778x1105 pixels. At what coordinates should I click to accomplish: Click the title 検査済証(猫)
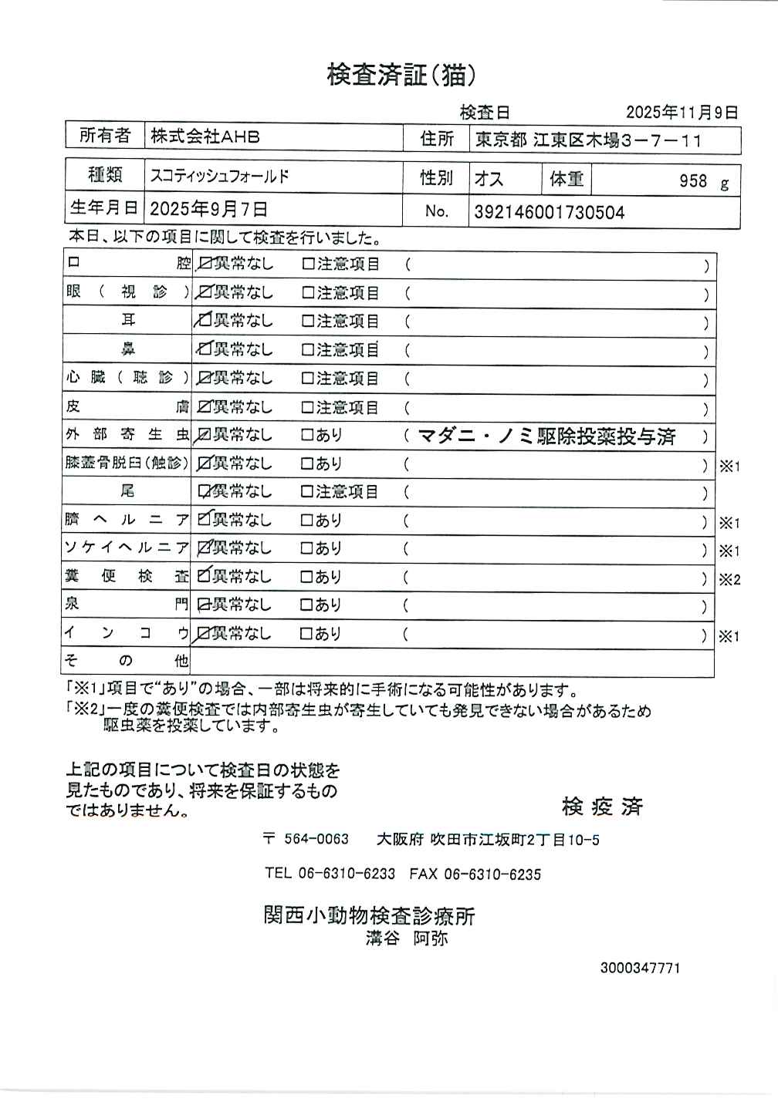(x=401, y=75)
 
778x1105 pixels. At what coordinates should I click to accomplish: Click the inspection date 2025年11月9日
(x=682, y=113)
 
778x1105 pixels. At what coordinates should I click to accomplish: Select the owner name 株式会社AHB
(x=205, y=137)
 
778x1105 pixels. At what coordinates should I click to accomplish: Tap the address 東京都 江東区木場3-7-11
(x=588, y=140)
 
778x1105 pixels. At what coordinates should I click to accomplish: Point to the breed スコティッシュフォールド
(x=219, y=177)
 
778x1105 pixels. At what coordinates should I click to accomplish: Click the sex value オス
(x=489, y=180)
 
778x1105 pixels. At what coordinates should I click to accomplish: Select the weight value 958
(x=693, y=181)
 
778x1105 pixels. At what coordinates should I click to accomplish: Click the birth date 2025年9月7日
(x=208, y=209)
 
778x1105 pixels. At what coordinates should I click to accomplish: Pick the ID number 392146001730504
(x=549, y=213)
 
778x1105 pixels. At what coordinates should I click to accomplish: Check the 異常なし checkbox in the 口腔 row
(x=205, y=264)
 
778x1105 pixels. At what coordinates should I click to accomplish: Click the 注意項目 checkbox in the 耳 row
(x=308, y=322)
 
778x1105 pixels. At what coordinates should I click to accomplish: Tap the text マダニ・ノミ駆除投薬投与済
(x=546, y=437)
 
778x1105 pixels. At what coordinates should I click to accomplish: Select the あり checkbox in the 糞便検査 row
(x=306, y=577)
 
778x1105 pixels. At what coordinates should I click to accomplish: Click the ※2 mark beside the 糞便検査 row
(x=729, y=580)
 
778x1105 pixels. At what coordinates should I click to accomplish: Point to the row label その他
(x=127, y=661)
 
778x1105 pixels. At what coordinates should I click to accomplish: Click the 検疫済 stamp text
(x=602, y=807)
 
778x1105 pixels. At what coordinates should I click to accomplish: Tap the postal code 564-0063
(x=316, y=839)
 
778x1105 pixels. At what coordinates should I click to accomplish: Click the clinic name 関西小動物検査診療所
(x=369, y=916)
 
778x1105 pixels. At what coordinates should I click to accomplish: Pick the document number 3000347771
(x=640, y=968)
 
